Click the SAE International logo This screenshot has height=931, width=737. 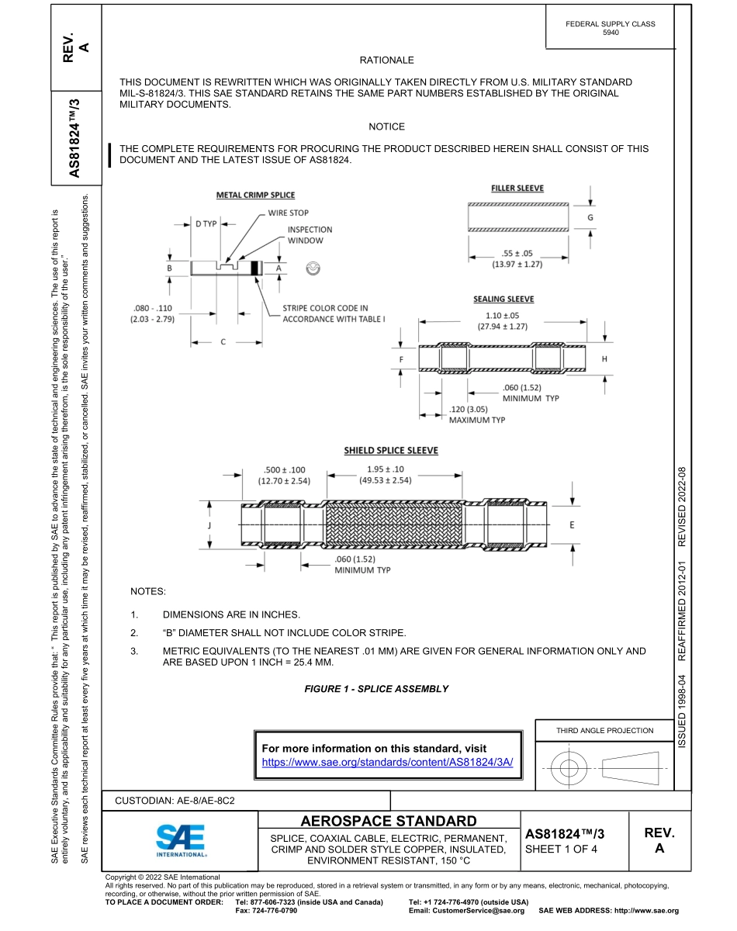[x=181, y=840]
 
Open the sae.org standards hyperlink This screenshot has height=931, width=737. [x=388, y=763]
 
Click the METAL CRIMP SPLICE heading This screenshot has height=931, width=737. [x=255, y=195]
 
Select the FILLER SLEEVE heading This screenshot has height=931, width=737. [x=517, y=189]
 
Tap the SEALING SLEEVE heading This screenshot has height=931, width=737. [x=503, y=299]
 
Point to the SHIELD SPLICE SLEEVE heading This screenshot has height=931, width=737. [x=391, y=450]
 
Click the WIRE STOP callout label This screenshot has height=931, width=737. [x=289, y=213]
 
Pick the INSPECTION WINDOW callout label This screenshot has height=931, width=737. [x=310, y=234]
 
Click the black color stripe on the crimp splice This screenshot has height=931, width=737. [x=254, y=268]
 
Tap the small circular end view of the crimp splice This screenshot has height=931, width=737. [x=313, y=268]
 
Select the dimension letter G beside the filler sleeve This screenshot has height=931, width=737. [x=590, y=218]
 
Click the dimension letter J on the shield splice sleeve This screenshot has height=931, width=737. [x=210, y=525]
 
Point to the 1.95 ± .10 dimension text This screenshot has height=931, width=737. [x=385, y=469]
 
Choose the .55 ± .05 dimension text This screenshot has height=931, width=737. [x=516, y=253]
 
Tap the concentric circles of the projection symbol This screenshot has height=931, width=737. [x=570, y=769]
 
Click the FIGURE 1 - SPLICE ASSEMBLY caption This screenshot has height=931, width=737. [x=376, y=689]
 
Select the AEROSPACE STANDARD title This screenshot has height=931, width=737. [x=389, y=821]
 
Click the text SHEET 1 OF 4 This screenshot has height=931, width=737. [x=561, y=848]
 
